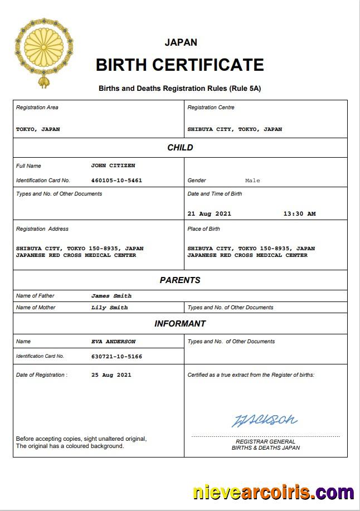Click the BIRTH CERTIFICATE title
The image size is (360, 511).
coord(179,65)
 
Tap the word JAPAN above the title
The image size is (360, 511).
coord(181,42)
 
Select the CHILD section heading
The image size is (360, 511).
coord(180,148)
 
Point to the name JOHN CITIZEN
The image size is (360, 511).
coord(113,166)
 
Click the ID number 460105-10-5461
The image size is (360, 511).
coord(116,181)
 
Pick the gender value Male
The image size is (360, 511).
coord(252,181)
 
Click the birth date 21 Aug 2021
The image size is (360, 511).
coord(209,213)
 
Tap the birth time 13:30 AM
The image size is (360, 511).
coord(299,213)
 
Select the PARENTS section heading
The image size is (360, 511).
coord(180,280)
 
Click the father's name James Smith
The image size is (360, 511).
coord(111,296)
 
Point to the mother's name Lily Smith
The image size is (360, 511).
coord(109,308)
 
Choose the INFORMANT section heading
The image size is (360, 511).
coord(180,324)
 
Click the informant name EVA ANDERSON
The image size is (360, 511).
coord(113,342)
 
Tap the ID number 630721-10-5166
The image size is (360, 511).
coord(116,356)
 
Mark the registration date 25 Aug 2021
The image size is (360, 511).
coord(111,375)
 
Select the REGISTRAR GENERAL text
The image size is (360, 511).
coord(265,441)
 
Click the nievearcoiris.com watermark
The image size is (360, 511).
coord(273,493)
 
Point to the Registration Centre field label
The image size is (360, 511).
coord(211,108)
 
